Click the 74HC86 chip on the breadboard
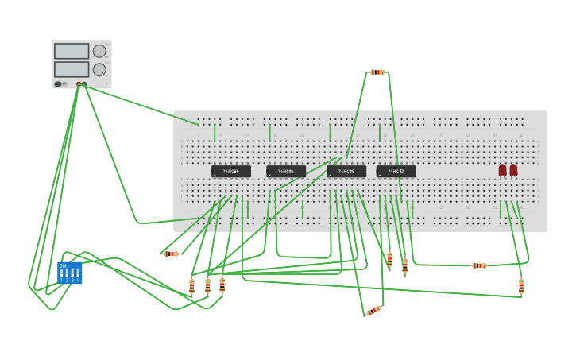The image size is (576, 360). pyautogui.click(x=230, y=171)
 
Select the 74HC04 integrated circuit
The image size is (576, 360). pyautogui.click(x=285, y=171)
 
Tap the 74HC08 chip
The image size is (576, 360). pyautogui.click(x=346, y=171)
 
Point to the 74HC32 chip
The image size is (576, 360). pyautogui.click(x=396, y=171)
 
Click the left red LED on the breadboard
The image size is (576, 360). pyautogui.click(x=502, y=170)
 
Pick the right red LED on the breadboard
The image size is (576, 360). pyautogui.click(x=513, y=170)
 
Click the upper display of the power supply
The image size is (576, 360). pyautogui.click(x=72, y=51)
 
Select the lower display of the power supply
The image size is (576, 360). pyautogui.click(x=72, y=69)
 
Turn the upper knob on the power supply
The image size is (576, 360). pyautogui.click(x=99, y=51)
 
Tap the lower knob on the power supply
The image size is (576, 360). pyautogui.click(x=99, y=70)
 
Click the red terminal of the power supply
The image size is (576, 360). pyautogui.click(x=79, y=83)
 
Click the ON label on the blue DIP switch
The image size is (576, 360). pyautogui.click(x=63, y=266)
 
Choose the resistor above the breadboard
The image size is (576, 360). pyautogui.click(x=377, y=72)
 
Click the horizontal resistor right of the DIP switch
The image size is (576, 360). pyautogui.click(x=171, y=254)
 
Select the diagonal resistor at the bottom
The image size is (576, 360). pyautogui.click(x=373, y=311)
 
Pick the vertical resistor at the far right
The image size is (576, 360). pyautogui.click(x=521, y=286)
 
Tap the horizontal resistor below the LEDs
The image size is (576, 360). pyautogui.click(x=479, y=265)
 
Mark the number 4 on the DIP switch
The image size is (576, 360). pyautogui.click(x=78, y=280)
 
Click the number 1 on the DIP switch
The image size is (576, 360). pyautogui.click(x=61, y=280)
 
